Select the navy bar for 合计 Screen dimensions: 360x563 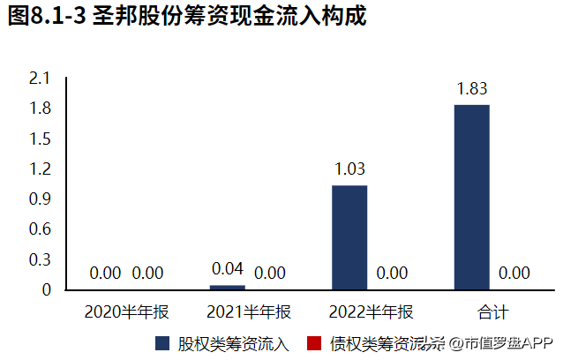coord(472,196)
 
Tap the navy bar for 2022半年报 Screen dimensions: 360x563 coord(349,236)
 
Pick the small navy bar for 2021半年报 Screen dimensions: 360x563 coord(228,287)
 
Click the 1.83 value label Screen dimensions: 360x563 coord(472,88)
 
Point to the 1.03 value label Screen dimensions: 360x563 coord(349,169)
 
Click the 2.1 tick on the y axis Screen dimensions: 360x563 coord(41,79)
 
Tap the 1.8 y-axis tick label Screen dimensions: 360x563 coord(41,109)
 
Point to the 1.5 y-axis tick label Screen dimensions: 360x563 coord(41,139)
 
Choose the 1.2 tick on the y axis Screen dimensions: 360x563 coord(41,169)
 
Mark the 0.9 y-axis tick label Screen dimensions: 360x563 coord(41,199)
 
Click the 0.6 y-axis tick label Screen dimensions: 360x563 coord(41,229)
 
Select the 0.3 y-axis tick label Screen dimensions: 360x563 coord(41,259)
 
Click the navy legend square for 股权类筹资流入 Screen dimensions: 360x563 coord(162,342)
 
